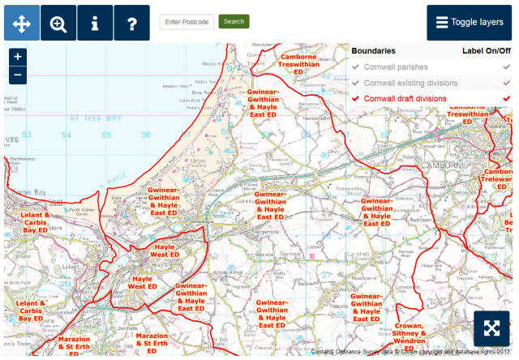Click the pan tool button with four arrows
pyautogui.click(x=22, y=23)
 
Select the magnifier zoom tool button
pyautogui.click(x=58, y=23)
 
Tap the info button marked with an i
pyautogui.click(x=95, y=23)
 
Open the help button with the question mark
pyautogui.click(x=131, y=23)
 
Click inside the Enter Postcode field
pyautogui.click(x=187, y=21)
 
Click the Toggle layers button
pyautogui.click(x=470, y=23)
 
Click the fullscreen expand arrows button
pyautogui.click(x=491, y=328)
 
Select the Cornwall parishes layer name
pyautogui.click(x=396, y=66)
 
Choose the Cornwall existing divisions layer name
pyautogui.click(x=410, y=83)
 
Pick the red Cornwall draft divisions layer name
pyautogui.click(x=405, y=98)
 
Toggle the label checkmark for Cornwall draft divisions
pyautogui.click(x=507, y=98)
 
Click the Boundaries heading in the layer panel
pyautogui.click(x=373, y=50)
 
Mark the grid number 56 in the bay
pyautogui.click(x=146, y=135)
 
